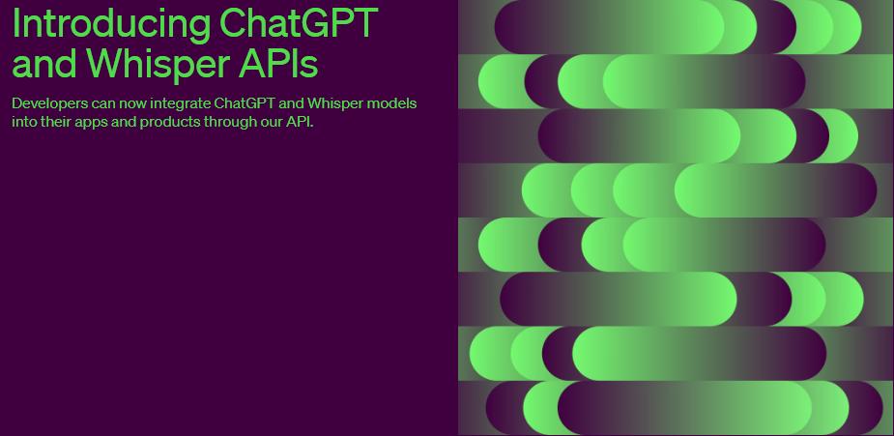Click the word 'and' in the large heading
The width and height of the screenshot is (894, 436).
coord(44,64)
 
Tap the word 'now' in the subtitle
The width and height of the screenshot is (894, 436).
coord(134,102)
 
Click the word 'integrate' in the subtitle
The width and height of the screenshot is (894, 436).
coord(181,102)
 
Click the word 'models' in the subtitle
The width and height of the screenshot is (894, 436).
coord(392,102)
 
